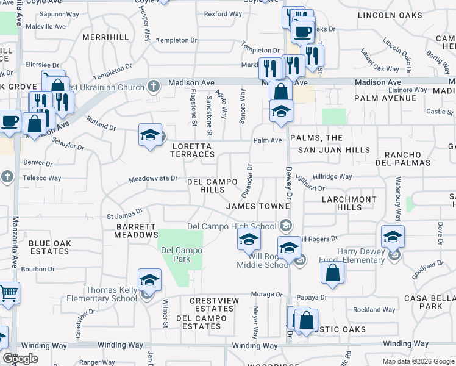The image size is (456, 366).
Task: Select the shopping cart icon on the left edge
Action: [9, 293]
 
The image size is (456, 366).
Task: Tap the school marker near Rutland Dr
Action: [149, 136]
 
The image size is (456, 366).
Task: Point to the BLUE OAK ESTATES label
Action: [49, 247]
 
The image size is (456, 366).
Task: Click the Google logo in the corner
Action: [20, 359]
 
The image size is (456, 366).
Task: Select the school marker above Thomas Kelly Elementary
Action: [149, 281]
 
